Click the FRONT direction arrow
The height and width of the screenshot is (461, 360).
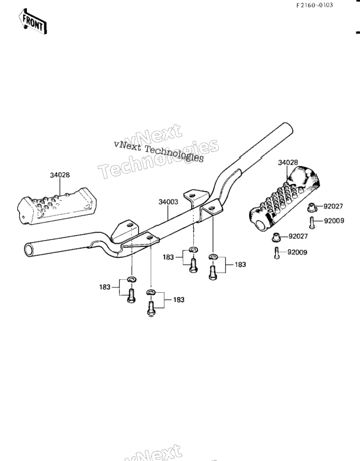(x=33, y=21)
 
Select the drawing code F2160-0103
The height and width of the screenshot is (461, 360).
(x=314, y=5)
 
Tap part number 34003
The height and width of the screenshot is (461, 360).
(x=168, y=202)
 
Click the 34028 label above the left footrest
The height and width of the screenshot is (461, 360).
(x=60, y=175)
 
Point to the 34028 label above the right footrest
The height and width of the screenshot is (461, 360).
(x=288, y=162)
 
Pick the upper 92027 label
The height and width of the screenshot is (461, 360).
(x=333, y=206)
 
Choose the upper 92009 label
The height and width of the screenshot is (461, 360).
(x=334, y=221)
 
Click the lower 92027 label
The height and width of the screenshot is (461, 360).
(x=298, y=236)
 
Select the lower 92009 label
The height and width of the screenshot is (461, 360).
(x=297, y=252)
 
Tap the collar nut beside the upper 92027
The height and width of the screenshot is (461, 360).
(x=312, y=207)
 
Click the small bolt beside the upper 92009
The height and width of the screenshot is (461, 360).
(x=312, y=222)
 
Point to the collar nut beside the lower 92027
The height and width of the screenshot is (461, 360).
(x=277, y=237)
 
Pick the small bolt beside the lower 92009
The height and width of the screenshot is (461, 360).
(x=277, y=253)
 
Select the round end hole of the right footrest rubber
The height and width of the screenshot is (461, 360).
(x=261, y=225)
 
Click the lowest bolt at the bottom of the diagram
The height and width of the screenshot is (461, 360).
(x=151, y=308)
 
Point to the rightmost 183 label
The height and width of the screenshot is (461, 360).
(x=240, y=265)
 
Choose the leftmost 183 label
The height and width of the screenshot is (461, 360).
(x=104, y=287)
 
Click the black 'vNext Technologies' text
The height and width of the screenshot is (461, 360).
(x=159, y=150)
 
